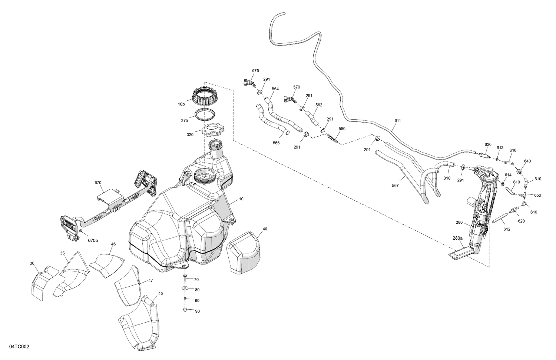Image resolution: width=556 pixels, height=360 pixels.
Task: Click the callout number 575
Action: pyautogui.click(x=255, y=70)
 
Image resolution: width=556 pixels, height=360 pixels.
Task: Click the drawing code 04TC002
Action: pyautogui.click(x=16, y=347)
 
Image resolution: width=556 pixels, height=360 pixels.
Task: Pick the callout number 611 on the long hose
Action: pyautogui.click(x=398, y=121)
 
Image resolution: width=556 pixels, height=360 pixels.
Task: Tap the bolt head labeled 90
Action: pyautogui.click(x=185, y=310)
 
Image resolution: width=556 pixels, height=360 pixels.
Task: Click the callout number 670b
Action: pyautogui.click(x=93, y=241)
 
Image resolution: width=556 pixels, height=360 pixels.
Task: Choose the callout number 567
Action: pyautogui.click(x=395, y=186)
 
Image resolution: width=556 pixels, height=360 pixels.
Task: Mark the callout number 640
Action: pyautogui.click(x=527, y=161)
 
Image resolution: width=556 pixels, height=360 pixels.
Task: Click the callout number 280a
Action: pyautogui.click(x=457, y=238)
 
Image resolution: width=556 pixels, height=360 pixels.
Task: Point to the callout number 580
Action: pyautogui.click(x=341, y=129)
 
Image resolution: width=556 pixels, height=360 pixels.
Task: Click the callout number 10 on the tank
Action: pyautogui.click(x=241, y=199)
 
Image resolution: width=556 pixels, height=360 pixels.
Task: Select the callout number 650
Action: pyautogui.click(x=537, y=195)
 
